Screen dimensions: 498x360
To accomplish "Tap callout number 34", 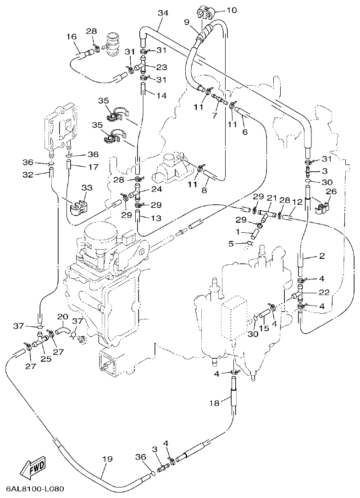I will [160, 13].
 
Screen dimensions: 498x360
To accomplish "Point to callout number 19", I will [106, 459].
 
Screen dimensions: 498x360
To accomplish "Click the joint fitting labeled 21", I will [266, 213].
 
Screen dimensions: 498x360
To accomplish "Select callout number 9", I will [187, 22].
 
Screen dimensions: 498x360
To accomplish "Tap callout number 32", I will [28, 174].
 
